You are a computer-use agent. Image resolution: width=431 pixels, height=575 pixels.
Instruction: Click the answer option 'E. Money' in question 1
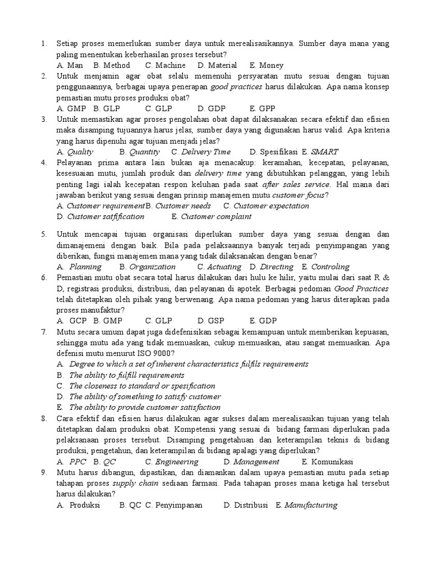(x=267, y=65)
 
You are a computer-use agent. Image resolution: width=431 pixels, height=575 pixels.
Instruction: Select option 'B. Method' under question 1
(x=112, y=65)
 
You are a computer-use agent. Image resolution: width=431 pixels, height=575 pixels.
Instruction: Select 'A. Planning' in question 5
(x=79, y=267)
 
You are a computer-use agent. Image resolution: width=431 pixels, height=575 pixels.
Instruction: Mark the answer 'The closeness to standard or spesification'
(x=142, y=386)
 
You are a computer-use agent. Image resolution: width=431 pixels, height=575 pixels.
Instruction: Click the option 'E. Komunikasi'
(x=327, y=462)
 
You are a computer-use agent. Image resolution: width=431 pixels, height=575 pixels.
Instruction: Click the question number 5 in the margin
(x=43, y=235)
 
